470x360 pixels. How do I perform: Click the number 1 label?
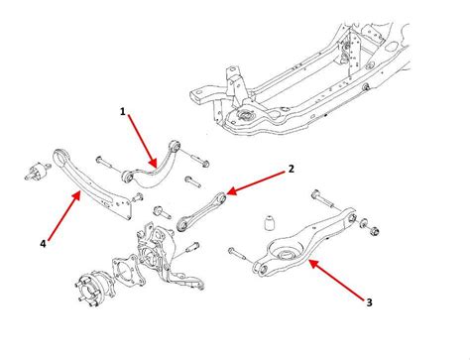pyautogui.click(x=123, y=112)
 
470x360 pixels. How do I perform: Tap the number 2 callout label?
pyautogui.click(x=291, y=169)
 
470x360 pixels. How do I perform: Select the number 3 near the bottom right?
pyautogui.click(x=369, y=302)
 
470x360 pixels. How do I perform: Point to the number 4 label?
pyautogui.click(x=43, y=244)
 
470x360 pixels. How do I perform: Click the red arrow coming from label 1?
pyautogui.click(x=143, y=141)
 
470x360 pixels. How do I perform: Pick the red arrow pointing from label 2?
pyautogui.click(x=256, y=182)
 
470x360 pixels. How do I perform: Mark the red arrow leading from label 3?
pyautogui.click(x=336, y=279)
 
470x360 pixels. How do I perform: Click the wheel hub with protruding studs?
pyautogui.click(x=91, y=289)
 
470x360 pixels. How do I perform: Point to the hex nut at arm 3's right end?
pyautogui.click(x=375, y=230)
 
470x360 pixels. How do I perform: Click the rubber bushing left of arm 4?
pyautogui.click(x=38, y=171)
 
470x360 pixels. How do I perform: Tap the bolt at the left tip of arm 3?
pyautogui.click(x=237, y=254)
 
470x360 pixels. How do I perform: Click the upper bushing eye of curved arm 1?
pyautogui.click(x=175, y=146)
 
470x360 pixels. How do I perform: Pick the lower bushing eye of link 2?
pyautogui.click(x=182, y=225)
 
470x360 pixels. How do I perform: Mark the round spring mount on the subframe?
pyautogui.click(x=245, y=116)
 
